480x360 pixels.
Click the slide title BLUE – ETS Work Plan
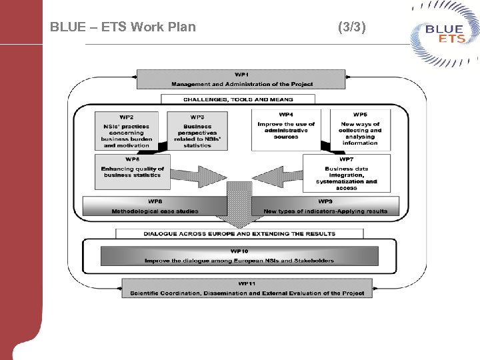point(123,27)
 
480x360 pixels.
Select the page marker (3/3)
point(351,27)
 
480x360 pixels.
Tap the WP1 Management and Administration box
point(241,79)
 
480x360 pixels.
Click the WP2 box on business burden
point(127,131)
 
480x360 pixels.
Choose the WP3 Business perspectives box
point(197,131)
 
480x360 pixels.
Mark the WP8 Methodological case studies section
point(155,206)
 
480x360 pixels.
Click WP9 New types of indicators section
point(325,206)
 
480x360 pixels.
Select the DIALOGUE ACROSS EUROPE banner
point(239,234)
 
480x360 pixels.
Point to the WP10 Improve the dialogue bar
point(239,256)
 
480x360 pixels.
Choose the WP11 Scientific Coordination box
point(247,289)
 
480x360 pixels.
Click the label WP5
point(360,115)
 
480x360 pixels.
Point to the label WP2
point(127,117)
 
